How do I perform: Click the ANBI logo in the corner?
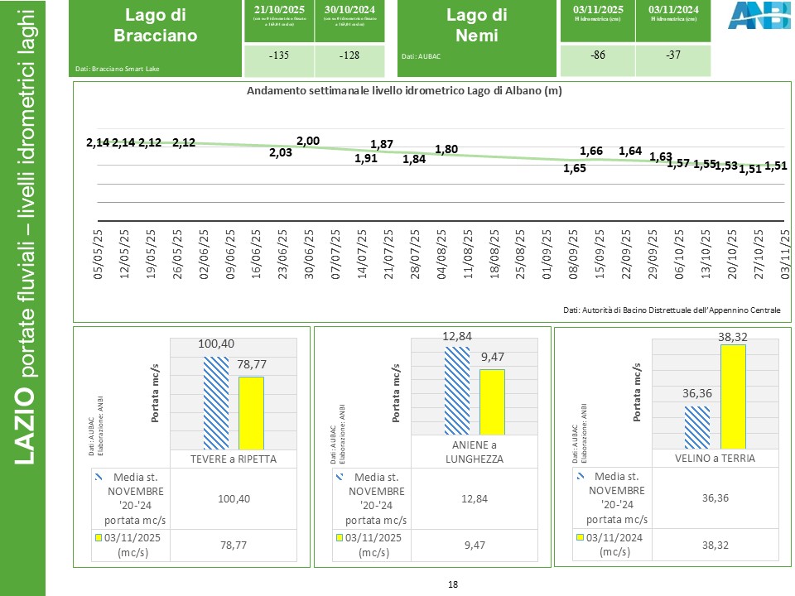(753, 16)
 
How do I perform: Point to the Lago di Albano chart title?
(404, 92)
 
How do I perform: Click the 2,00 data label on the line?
(308, 142)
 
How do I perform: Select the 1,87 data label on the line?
(382, 144)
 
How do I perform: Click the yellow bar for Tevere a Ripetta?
(251, 413)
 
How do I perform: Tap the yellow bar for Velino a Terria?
(733, 397)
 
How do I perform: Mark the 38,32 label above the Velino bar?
(733, 337)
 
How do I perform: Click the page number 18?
(453, 584)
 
